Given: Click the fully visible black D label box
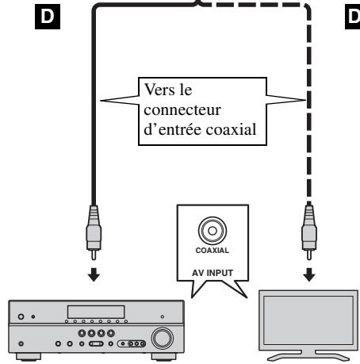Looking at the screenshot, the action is (x=48, y=17).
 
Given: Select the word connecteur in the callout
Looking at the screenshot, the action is (x=182, y=109).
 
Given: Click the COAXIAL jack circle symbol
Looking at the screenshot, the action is (x=213, y=231).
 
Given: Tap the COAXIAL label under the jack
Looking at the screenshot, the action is (x=213, y=251).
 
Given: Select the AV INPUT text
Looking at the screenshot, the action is (x=213, y=273).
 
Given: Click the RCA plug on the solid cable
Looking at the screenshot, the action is (x=94, y=232).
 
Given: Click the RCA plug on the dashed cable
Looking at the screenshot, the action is (x=309, y=232).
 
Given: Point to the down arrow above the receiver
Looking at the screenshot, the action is (x=94, y=274).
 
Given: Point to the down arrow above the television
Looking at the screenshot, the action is (x=309, y=274).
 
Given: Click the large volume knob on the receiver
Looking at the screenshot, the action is (x=163, y=339).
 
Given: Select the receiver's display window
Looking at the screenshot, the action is (x=96, y=312).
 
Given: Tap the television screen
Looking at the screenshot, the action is (x=308, y=320).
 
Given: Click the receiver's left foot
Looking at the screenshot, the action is (x=29, y=357).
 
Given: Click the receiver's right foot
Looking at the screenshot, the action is (x=163, y=357).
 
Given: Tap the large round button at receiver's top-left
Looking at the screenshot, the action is (x=21, y=316).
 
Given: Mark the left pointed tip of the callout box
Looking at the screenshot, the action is (x=101, y=101).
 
